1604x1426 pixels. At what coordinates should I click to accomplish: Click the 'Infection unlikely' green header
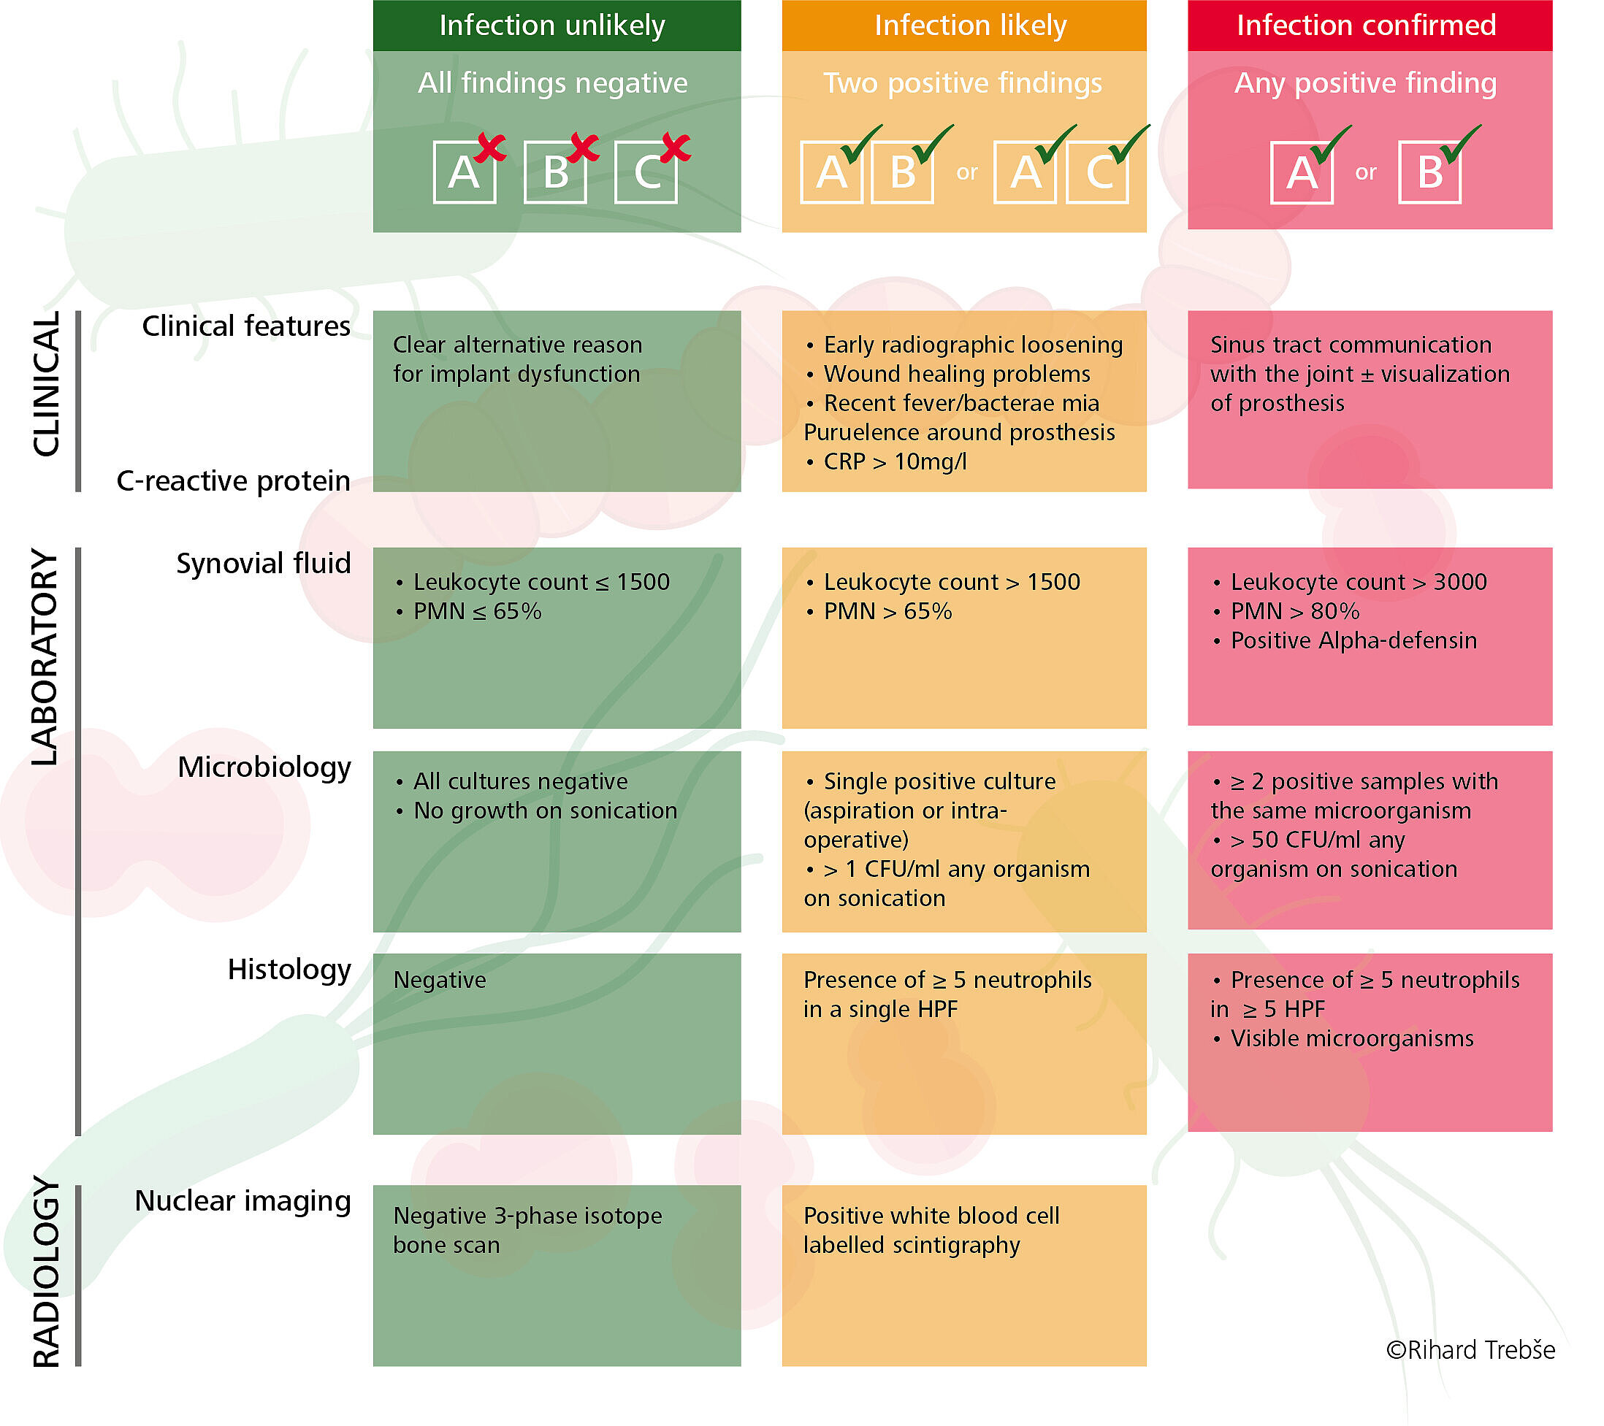click(x=551, y=25)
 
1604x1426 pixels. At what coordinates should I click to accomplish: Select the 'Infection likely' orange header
click(x=970, y=25)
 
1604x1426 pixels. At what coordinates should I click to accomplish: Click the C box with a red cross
click(x=646, y=172)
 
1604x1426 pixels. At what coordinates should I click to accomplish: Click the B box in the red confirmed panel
click(x=1429, y=172)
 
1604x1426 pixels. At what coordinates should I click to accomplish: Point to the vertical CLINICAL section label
click(x=45, y=383)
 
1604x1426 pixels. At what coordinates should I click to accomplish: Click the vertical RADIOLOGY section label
click(x=45, y=1272)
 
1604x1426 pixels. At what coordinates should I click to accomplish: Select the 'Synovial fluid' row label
click(x=263, y=563)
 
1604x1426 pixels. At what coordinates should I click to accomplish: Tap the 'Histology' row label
click(x=289, y=970)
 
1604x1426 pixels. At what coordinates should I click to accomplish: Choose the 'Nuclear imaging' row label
click(x=242, y=1201)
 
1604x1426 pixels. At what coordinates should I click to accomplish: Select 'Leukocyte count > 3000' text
click(x=1358, y=582)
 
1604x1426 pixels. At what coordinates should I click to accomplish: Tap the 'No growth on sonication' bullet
click(x=545, y=811)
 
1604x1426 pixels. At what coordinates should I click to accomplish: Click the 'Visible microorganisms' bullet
click(x=1351, y=1038)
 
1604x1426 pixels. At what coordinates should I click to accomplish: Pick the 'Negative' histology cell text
click(x=440, y=981)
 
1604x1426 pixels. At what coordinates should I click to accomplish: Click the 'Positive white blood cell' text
click(x=931, y=1216)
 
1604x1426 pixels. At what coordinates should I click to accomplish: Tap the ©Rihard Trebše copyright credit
click(x=1470, y=1350)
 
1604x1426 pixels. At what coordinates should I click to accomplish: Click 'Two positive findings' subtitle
click(x=962, y=83)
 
